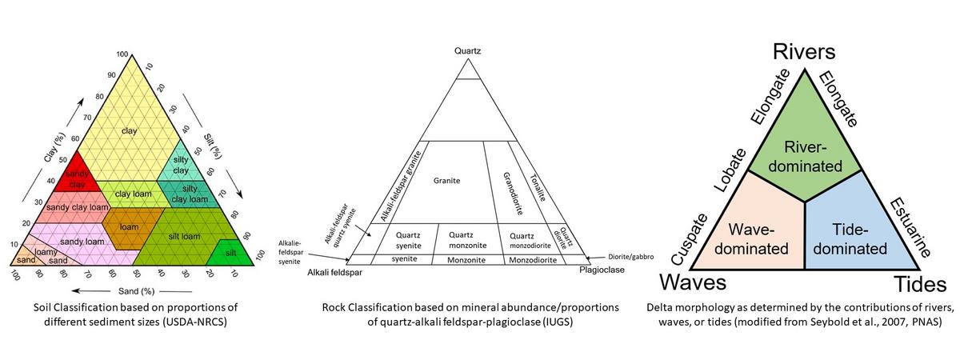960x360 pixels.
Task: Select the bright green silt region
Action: (230, 253)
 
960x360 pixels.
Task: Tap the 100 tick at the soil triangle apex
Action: (122, 54)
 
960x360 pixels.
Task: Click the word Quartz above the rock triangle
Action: (468, 52)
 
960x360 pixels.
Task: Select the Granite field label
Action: (447, 181)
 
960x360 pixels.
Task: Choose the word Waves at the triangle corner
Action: (693, 283)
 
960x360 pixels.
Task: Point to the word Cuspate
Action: (690, 239)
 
